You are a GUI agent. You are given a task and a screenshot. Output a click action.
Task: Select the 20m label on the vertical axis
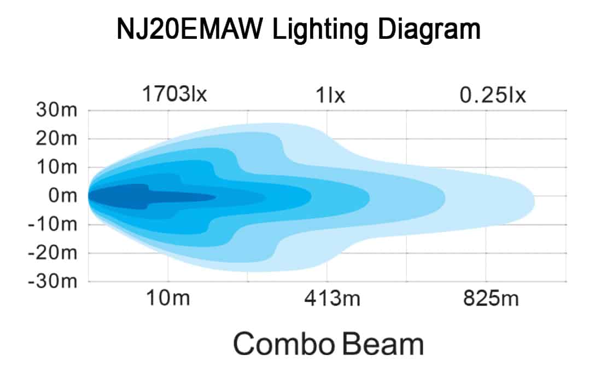[x=57, y=138]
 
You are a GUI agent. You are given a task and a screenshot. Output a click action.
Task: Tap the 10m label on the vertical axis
[x=57, y=167]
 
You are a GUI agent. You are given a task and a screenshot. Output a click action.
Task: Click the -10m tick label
[x=54, y=224]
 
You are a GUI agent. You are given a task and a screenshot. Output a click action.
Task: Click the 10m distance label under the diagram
[x=167, y=299]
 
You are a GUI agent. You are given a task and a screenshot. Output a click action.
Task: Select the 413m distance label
[x=327, y=299]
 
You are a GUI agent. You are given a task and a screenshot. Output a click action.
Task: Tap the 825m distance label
[x=487, y=299]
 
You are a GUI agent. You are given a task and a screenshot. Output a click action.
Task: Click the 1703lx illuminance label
[x=174, y=95]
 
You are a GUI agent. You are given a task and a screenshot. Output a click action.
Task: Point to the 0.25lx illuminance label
[x=492, y=95]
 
